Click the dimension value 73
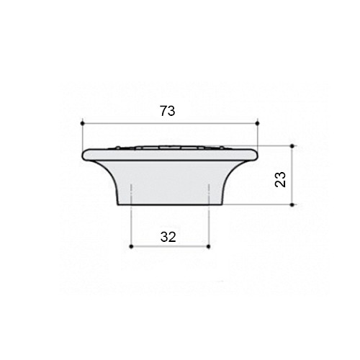tap(168, 111)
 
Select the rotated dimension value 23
tap(280, 179)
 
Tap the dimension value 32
tap(168, 237)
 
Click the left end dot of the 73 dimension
tap(83, 123)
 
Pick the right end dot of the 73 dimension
tap(258, 123)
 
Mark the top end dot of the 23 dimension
tap(292, 146)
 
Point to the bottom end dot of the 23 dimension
tap(292, 204)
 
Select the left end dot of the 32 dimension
tap(131, 246)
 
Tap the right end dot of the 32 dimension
tap(208, 246)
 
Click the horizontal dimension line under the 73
tap(170, 123)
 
